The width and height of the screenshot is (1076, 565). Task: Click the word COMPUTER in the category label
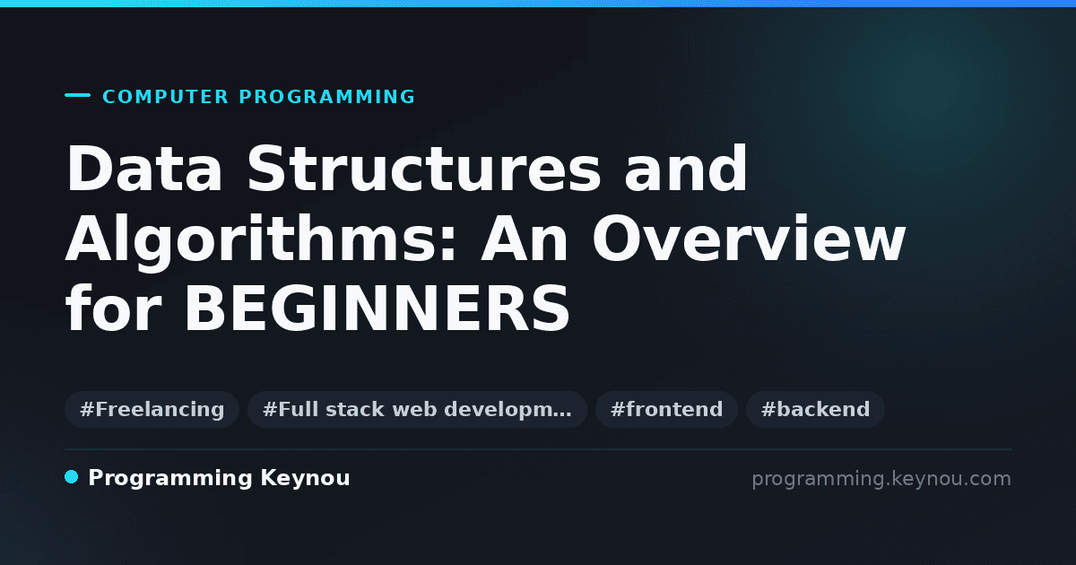point(165,97)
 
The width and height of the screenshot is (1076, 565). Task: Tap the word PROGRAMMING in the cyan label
point(326,97)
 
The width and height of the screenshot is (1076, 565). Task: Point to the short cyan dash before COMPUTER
point(77,95)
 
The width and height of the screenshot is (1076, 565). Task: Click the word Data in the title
point(144,169)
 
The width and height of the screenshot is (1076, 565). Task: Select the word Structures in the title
point(423,169)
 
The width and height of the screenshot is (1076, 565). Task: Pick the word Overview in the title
point(749,239)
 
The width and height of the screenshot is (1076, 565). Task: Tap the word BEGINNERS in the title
point(377,308)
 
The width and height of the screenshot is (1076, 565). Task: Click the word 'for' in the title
point(113,308)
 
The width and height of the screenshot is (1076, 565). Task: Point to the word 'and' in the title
point(685,169)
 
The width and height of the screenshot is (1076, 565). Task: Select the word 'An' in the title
point(525,239)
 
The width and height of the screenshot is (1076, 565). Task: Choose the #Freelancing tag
point(152,409)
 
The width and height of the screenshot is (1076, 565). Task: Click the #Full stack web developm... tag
point(417,409)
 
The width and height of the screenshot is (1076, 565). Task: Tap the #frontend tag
point(666,409)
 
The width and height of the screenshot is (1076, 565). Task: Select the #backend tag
point(815,409)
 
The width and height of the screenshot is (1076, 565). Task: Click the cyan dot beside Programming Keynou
point(72,477)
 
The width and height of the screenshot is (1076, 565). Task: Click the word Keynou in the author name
point(305,479)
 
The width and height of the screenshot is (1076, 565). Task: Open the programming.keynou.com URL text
point(881,479)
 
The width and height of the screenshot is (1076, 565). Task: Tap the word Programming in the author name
point(170,479)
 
